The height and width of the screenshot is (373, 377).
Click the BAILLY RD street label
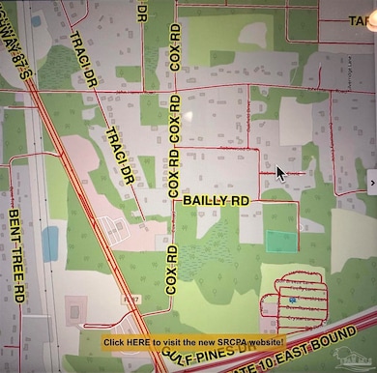(x=217, y=200)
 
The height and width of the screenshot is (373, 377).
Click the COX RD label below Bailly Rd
(x=172, y=270)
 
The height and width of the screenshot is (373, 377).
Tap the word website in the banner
(x=263, y=342)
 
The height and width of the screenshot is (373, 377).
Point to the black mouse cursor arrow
(x=280, y=173)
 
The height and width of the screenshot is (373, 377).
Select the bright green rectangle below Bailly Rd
(x=279, y=242)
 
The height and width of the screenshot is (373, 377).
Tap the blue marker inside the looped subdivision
(x=291, y=301)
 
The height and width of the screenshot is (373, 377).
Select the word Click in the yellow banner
(x=114, y=342)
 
